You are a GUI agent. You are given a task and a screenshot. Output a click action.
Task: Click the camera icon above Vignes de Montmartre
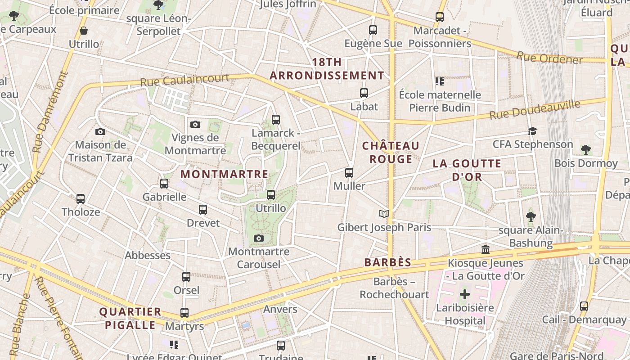pos(195,124)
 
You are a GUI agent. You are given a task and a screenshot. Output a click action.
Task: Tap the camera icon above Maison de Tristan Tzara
pos(100,131)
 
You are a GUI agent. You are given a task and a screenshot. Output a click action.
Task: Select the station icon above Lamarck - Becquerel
pos(276,120)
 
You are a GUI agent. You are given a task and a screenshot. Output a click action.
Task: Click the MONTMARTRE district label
pos(224,174)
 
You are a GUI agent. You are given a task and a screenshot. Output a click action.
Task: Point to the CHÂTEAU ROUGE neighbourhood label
pos(391,152)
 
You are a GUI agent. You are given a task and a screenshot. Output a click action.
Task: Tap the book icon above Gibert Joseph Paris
pos(384,214)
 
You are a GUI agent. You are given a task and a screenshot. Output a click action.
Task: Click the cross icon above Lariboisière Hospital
pos(465,295)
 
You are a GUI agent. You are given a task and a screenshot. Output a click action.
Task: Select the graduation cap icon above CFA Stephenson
pos(533,131)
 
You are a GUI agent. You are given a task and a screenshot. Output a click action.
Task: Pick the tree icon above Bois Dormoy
pos(585,149)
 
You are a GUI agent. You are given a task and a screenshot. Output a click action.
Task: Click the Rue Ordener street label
pos(549,58)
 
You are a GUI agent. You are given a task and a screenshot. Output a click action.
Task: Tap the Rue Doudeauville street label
pos(535,110)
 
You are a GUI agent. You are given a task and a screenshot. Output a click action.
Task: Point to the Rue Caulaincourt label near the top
pos(184,80)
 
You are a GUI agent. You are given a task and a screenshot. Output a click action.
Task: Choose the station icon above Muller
pos(349,172)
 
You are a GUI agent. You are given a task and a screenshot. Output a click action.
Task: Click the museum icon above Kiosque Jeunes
pos(486,249)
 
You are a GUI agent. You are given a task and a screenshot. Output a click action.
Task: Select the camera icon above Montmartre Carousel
pos(258,238)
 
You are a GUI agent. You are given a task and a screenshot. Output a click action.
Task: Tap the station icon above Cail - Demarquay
pos(584,306)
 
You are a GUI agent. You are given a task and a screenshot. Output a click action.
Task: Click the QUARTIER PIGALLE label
pos(130,318)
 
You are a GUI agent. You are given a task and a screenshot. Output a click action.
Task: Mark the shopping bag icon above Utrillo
pos(84,31)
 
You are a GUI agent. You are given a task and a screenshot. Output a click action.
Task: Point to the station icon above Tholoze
pos(81,198)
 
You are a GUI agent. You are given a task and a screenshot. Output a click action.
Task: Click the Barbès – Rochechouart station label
pos(394,288)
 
